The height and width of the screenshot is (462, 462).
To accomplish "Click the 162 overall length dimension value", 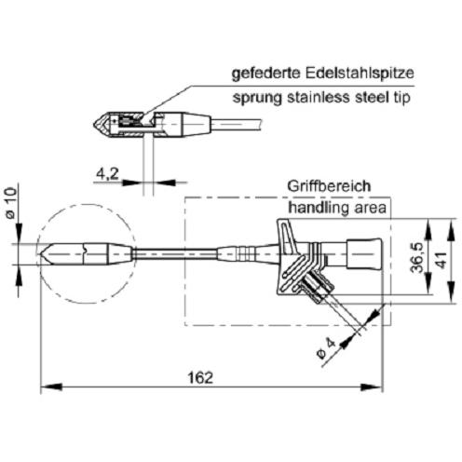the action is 200,377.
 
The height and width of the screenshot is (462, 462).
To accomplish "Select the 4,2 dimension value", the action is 107,173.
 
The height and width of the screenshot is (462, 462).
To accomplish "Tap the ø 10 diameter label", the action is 11,203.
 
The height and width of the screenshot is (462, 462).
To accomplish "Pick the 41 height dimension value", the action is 441,260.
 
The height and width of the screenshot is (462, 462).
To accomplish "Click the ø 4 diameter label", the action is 326,348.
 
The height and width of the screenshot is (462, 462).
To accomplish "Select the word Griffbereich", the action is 329,186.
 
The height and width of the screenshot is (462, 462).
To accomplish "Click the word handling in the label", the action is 318,208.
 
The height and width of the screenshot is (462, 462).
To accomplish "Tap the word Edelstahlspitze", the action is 360,74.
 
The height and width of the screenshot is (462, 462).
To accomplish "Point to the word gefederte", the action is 266,74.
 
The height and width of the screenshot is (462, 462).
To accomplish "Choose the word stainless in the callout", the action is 319,97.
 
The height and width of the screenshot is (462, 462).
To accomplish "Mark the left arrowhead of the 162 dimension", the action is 51,387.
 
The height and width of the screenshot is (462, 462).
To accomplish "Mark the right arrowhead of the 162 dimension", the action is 371,387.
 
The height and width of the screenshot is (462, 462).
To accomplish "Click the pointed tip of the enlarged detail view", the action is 94,125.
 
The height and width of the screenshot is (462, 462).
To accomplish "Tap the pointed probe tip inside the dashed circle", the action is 41,254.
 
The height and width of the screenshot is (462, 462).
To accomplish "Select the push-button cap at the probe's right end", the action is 364,253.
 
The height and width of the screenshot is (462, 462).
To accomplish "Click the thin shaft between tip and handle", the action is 175,253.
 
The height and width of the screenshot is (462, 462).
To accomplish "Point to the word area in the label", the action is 371,208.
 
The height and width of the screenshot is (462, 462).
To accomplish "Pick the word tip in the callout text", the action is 402,98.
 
